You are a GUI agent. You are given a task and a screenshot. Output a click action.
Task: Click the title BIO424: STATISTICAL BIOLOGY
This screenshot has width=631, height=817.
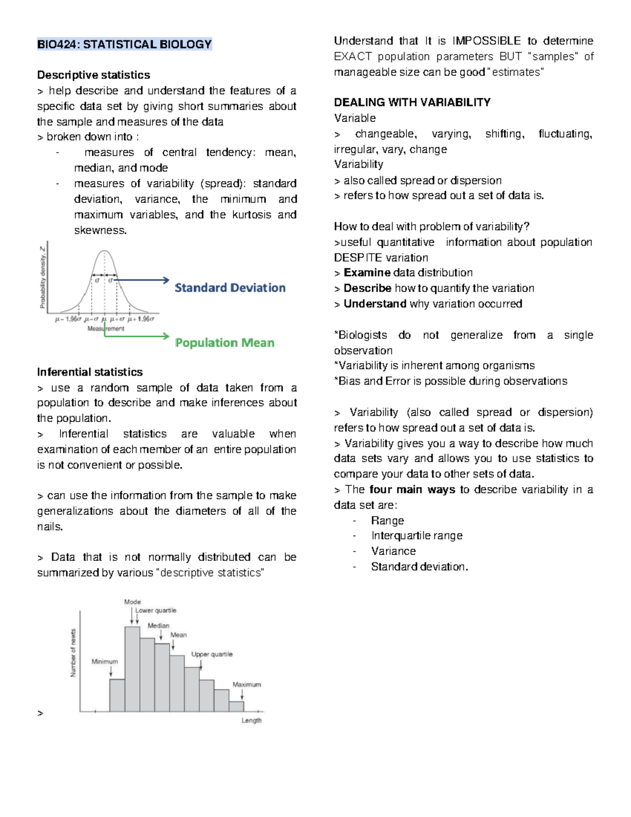tap(124, 44)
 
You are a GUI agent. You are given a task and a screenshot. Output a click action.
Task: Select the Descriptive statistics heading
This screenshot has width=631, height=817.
tap(94, 75)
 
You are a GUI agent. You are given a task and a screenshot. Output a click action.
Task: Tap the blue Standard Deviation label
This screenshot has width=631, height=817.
tap(230, 288)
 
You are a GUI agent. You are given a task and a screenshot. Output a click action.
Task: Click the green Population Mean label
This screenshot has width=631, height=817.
tap(225, 343)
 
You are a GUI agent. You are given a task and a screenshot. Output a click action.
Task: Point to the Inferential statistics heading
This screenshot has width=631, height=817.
tap(90, 372)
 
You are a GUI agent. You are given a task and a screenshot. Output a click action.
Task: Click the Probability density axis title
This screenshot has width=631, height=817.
tap(43, 277)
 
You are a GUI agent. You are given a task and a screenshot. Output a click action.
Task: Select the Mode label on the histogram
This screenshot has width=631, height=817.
tap(132, 602)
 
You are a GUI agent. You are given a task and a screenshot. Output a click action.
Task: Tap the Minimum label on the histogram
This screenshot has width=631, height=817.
tap(105, 662)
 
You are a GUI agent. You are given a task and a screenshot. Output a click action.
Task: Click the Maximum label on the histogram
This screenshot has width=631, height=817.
tap(247, 685)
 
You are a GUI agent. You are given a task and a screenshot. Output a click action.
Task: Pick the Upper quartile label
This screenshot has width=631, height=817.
tap(211, 654)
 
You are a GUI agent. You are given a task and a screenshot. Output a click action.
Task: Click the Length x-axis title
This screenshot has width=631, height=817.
tap(251, 721)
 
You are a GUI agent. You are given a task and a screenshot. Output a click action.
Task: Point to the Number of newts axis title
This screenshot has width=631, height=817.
tap(73, 653)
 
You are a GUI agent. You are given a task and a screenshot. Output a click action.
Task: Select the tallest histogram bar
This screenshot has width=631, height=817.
tap(132, 668)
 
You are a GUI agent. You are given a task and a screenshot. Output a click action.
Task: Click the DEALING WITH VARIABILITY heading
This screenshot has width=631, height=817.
tap(412, 103)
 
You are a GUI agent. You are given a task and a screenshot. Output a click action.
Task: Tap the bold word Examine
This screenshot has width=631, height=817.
tap(367, 273)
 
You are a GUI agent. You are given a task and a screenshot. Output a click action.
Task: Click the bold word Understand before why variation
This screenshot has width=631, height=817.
tap(374, 304)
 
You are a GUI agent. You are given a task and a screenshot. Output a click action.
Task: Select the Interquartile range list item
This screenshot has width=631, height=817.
tap(416, 536)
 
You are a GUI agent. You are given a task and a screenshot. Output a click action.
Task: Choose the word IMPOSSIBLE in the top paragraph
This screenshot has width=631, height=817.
tap(486, 41)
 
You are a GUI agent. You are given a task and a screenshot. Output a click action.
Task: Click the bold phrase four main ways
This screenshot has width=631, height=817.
tap(412, 490)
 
